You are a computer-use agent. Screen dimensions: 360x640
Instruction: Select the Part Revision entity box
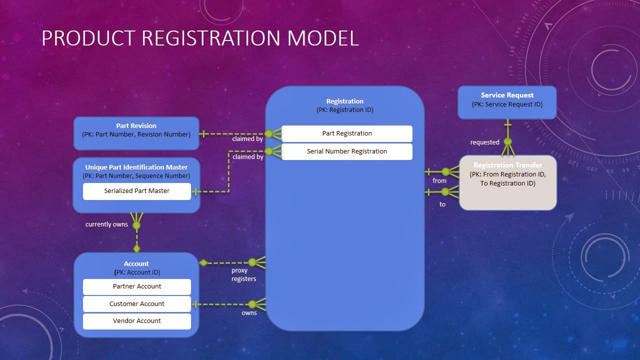pos(136,133)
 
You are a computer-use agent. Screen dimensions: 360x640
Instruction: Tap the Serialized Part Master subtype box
pos(136,191)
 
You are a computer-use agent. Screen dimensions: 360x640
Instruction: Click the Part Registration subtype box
pos(347,133)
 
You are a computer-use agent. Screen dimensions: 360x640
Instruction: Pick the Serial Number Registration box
pos(347,151)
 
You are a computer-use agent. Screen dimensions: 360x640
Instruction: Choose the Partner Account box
pos(136,286)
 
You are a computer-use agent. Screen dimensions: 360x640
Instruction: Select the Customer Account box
pos(136,304)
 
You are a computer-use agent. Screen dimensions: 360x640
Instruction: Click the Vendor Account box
pos(136,321)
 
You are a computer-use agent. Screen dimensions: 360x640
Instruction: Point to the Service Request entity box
pos(507,102)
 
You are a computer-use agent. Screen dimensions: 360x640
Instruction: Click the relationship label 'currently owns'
pos(106,224)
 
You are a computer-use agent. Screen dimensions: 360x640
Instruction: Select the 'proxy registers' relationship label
pos(243,274)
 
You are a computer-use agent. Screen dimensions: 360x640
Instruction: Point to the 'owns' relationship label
pos(249,313)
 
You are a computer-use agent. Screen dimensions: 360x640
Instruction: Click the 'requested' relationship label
pos(484,142)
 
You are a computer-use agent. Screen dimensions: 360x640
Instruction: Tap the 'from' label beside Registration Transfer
pos(439,181)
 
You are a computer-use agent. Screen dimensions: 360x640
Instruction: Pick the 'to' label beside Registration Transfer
pos(442,204)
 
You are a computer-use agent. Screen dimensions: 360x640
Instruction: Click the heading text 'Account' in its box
pos(136,264)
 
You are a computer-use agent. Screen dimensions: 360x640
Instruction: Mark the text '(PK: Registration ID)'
pos(344,110)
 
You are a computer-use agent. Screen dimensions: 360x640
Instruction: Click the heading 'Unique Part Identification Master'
pos(136,167)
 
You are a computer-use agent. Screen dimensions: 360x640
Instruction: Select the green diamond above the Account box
pos(136,248)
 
